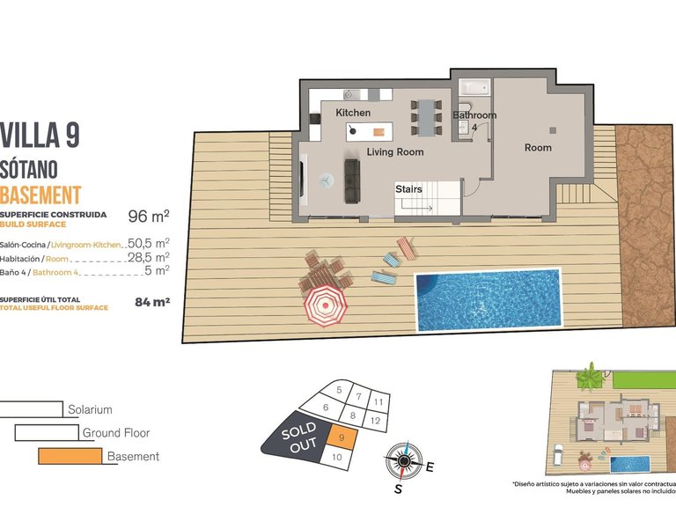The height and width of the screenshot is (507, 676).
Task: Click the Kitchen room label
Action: [x=353, y=114]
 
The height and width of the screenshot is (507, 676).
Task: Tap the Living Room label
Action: [x=395, y=152]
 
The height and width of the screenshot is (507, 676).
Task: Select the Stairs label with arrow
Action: [x=408, y=190]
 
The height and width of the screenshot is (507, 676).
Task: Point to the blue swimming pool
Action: [x=488, y=299]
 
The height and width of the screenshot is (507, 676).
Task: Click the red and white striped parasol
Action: [x=326, y=306]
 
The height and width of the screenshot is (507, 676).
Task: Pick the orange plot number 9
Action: [x=341, y=437]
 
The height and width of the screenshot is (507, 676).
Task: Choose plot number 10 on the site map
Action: [x=335, y=457]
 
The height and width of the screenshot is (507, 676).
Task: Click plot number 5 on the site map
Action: [x=338, y=390]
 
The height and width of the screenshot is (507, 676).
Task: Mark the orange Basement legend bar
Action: [x=70, y=457]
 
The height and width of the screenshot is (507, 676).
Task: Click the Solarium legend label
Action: [x=90, y=409]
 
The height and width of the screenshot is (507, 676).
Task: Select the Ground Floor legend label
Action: [x=115, y=433]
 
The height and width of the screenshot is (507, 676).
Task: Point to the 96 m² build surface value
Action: [x=149, y=216]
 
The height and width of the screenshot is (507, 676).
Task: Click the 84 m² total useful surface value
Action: [x=151, y=302]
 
